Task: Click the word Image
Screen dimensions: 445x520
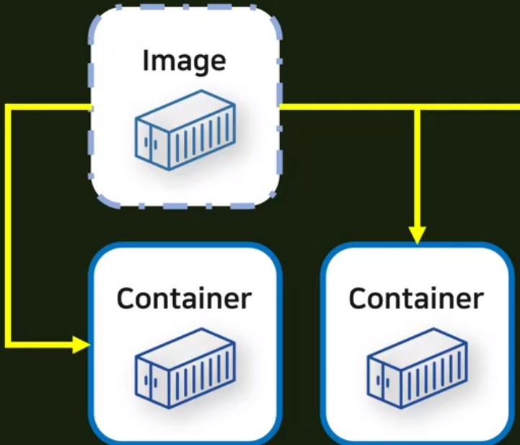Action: pos(184,61)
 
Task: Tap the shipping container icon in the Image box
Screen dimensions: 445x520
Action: pos(185,130)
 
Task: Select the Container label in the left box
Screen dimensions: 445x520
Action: pos(184,298)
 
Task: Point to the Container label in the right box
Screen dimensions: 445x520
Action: pos(416,298)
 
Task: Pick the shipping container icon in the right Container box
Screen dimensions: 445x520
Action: pos(416,368)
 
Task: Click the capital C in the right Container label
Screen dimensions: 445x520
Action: pos(358,298)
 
